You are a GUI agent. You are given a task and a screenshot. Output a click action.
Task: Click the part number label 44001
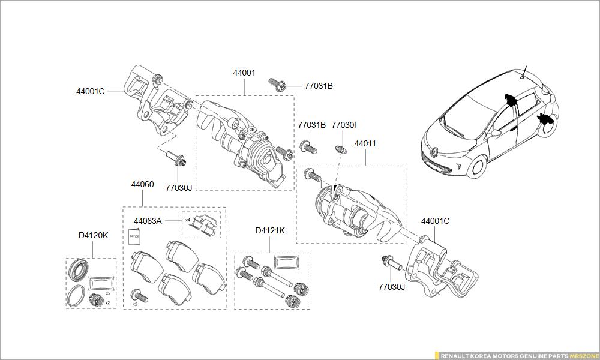pos(244,73)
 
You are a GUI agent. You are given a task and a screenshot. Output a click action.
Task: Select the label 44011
pos(365,144)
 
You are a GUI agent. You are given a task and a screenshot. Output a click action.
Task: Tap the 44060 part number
pos(142,184)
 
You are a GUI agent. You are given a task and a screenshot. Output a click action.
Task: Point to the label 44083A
pos(148,221)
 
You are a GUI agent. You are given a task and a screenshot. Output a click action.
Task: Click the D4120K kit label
pos(93,235)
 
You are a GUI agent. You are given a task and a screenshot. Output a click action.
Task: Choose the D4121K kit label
pos(270,230)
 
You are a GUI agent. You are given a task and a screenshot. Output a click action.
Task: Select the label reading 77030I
pos(344,125)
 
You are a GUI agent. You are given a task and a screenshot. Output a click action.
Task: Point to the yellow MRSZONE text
pos(584,356)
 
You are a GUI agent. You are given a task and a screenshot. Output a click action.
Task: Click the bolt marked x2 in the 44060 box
pos(137,295)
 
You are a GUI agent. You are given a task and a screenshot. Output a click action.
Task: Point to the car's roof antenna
pos(524,71)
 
